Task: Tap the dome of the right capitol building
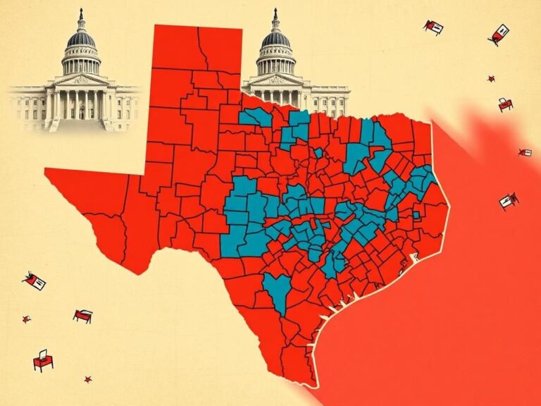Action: click(275, 39)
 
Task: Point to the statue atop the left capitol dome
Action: click(81, 13)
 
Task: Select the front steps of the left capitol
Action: click(79, 125)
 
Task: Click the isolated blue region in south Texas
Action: click(278, 290)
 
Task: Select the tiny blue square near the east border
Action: click(416, 214)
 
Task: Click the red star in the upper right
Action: click(491, 79)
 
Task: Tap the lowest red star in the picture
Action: click(88, 379)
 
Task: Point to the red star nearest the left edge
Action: click(26, 319)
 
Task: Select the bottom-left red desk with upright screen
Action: click(43, 362)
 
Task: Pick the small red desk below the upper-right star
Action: click(505, 104)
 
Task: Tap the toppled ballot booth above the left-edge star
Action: click(34, 281)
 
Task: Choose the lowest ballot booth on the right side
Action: click(508, 201)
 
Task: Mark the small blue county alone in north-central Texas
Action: click(318, 152)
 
